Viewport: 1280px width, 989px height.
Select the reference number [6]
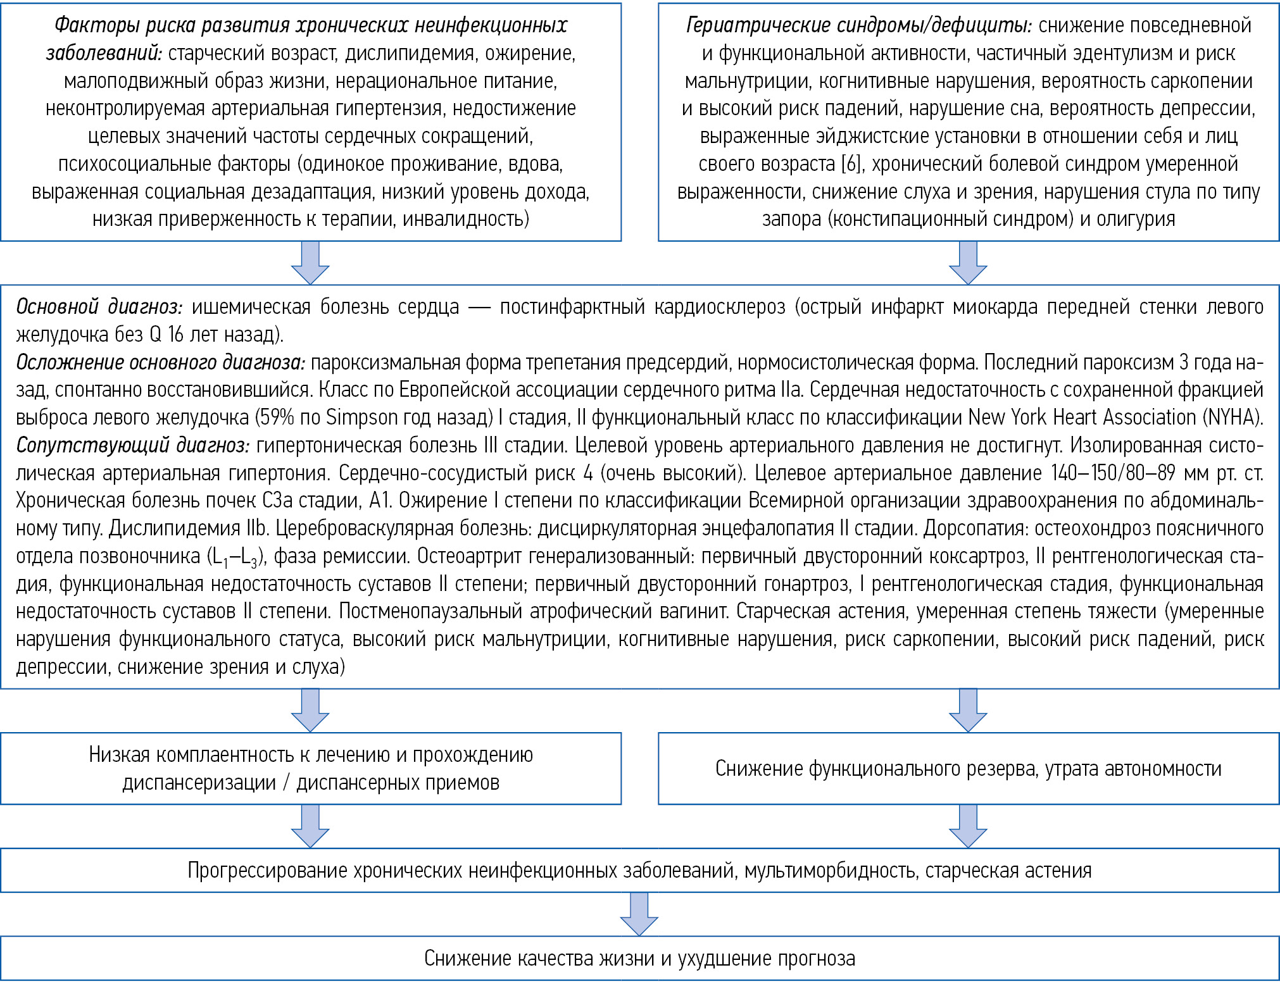coord(851,164)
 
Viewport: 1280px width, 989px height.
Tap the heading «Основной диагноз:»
coord(99,307)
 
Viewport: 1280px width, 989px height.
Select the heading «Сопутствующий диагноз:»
coord(132,445)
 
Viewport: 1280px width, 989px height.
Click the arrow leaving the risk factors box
coord(310,262)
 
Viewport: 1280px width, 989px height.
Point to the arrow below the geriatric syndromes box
coord(968,262)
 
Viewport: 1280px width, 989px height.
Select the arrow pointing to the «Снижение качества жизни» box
coord(639,913)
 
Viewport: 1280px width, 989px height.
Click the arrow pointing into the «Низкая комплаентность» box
coord(310,710)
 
